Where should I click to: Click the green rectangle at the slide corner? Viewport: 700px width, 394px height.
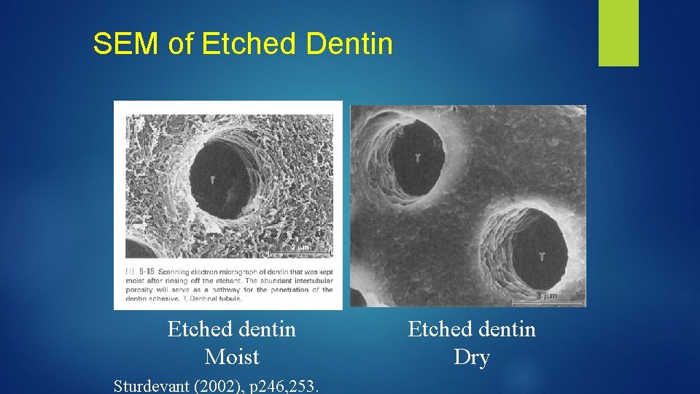(618, 32)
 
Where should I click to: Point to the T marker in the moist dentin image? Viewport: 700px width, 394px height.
(212, 179)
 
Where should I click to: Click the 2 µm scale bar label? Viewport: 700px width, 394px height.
(299, 248)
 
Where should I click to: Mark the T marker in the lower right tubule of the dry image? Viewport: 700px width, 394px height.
(542, 255)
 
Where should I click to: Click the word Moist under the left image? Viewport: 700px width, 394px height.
(232, 357)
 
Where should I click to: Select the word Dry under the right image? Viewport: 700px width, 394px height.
(472, 357)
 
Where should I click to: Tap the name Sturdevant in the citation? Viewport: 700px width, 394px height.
(151, 385)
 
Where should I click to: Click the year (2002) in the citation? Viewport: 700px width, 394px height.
(215, 385)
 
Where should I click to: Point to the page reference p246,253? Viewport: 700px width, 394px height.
(283, 385)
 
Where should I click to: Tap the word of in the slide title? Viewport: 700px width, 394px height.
(181, 44)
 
